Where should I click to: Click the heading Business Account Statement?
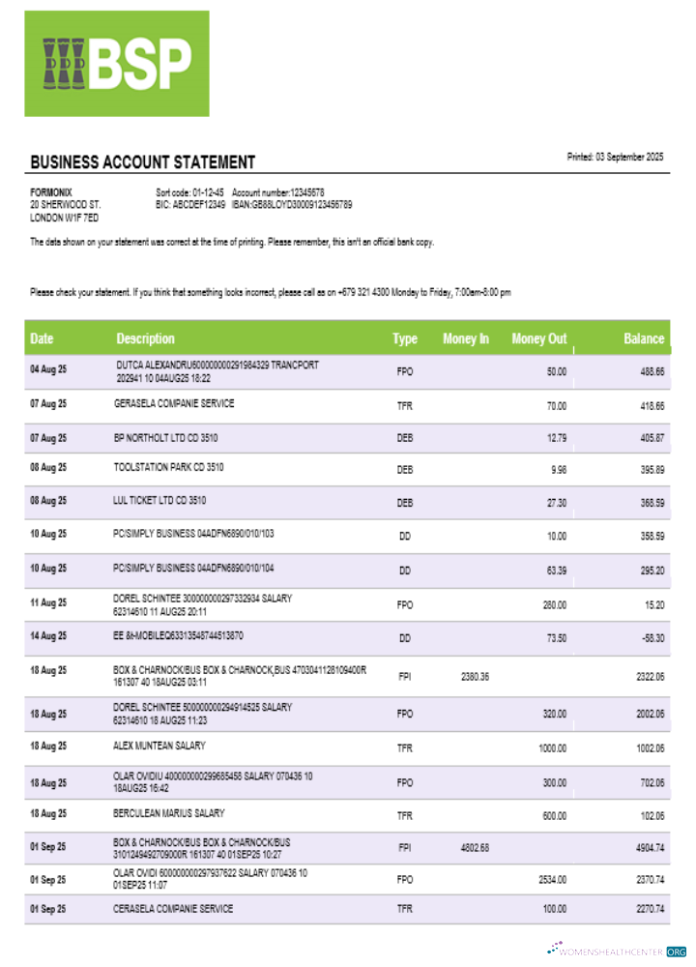point(143,162)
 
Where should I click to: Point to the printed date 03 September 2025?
point(615,157)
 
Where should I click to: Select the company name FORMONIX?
point(51,192)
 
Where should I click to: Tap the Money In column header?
point(465,338)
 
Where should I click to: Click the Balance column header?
point(644,338)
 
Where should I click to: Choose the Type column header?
point(405,338)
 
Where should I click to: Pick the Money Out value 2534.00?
point(551,880)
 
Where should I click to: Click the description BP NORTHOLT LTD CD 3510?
point(165,438)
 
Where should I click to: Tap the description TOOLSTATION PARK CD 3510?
point(169,467)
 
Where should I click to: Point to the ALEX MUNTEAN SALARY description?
point(159,747)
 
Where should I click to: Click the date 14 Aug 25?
point(48,635)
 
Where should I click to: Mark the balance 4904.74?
point(649,848)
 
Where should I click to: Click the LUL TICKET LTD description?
point(159,501)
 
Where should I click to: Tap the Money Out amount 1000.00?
point(552,747)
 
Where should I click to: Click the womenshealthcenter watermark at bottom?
point(618,951)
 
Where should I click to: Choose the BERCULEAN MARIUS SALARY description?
point(169,813)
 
